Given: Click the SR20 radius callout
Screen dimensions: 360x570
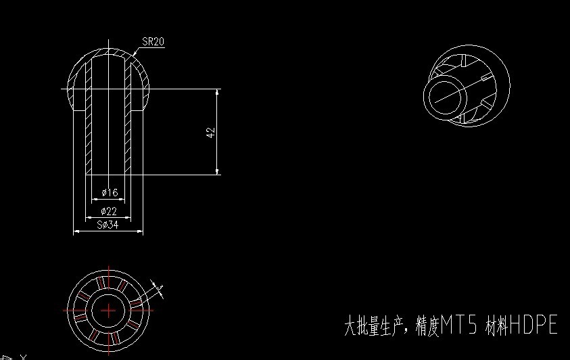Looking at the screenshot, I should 153,41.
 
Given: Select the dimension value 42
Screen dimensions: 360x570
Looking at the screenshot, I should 210,133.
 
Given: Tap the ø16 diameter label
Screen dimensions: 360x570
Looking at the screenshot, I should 109,193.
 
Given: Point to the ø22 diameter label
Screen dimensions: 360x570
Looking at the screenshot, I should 109,212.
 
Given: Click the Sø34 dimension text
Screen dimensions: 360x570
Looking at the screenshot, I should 108,225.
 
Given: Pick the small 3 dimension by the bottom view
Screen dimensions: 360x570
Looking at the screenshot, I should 160,288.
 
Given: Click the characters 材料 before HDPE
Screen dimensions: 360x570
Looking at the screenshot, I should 497,327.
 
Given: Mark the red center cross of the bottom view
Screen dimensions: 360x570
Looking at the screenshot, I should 109,309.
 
